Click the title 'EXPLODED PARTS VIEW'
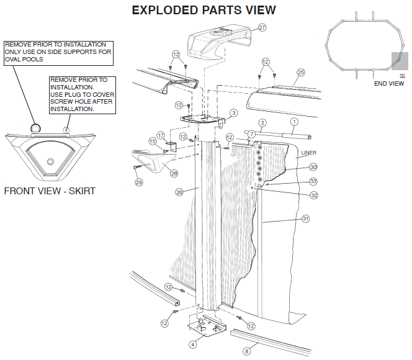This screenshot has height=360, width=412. (204, 11)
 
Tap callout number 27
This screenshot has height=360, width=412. (262, 28)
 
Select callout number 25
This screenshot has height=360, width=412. (301, 73)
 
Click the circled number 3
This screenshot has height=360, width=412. (233, 113)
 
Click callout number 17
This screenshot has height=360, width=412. (160, 135)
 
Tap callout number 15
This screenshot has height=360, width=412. (151, 142)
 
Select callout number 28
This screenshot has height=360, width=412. (174, 173)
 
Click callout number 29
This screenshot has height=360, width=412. (139, 182)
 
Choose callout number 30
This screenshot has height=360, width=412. (313, 167)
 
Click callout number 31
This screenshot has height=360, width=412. (305, 218)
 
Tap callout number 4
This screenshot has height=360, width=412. (192, 344)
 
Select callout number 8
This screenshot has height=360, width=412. (246, 351)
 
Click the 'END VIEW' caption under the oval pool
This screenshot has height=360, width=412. (389, 83)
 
